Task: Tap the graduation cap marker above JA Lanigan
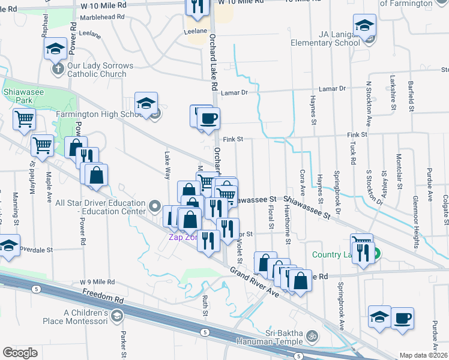(364, 26)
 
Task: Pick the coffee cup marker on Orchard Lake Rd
(208, 118)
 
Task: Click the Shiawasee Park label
(16, 97)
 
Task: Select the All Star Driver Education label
(100, 207)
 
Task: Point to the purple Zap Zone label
(182, 237)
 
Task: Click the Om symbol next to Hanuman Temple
(311, 335)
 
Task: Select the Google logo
(19, 353)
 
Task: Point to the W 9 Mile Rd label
(97, 282)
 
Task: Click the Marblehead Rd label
(105, 17)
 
